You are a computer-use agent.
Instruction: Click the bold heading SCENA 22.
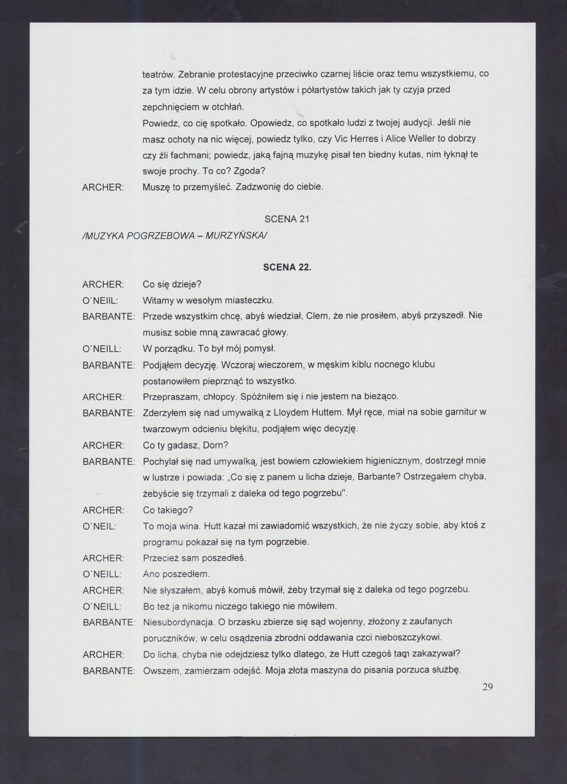(x=287, y=267)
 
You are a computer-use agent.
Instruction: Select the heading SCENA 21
(x=287, y=219)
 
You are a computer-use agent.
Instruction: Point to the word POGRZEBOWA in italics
(x=164, y=235)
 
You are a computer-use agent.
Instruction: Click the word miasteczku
(x=251, y=300)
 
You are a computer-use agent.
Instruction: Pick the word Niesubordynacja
(x=175, y=622)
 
